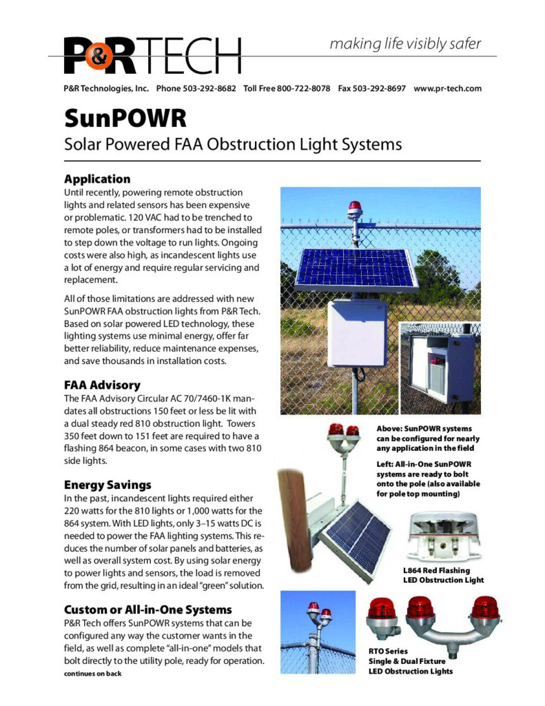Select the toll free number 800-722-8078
[x=303, y=89]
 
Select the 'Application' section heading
[x=96, y=179]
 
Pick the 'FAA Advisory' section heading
[x=103, y=385]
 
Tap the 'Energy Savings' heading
[x=107, y=484]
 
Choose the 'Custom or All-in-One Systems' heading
[x=147, y=609]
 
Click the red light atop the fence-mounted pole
[x=355, y=208]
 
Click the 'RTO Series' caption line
[x=389, y=650]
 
